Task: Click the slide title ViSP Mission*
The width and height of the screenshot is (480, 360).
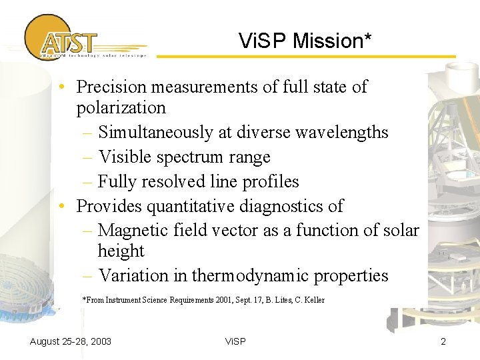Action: tap(305, 41)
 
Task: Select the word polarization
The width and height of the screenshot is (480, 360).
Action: tap(121, 107)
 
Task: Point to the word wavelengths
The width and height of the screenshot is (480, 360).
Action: tap(340, 133)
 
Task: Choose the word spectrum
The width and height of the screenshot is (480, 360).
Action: tap(185, 157)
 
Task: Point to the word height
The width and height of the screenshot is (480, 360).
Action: tap(121, 251)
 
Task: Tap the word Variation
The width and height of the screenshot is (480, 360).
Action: tap(134, 276)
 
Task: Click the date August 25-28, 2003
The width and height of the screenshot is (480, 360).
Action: tap(71, 341)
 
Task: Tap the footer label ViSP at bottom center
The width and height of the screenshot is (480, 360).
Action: tap(235, 341)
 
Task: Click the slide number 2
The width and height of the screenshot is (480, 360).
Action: tap(443, 341)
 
